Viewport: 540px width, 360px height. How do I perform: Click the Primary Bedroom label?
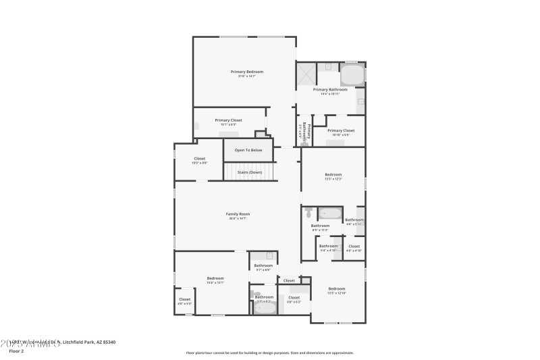click(x=246, y=72)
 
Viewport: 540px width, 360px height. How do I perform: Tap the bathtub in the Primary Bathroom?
click(x=352, y=74)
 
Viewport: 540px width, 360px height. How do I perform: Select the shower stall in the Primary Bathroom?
click(x=306, y=73)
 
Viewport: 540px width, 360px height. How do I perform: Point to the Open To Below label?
click(x=248, y=150)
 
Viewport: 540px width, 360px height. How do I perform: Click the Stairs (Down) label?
click(x=249, y=172)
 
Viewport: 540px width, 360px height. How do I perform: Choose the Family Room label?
click(x=238, y=214)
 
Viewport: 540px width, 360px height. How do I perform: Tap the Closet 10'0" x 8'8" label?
click(x=200, y=159)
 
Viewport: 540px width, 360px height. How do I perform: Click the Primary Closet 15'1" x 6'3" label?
click(x=228, y=120)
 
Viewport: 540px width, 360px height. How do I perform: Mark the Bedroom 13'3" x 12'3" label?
click(x=333, y=175)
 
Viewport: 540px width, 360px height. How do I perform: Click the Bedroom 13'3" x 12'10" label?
click(x=337, y=289)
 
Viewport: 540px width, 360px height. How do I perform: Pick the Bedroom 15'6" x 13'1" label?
click(x=215, y=278)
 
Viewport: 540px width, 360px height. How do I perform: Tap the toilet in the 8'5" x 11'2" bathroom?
click(x=308, y=212)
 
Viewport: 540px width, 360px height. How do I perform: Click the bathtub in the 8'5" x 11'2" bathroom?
click(x=331, y=214)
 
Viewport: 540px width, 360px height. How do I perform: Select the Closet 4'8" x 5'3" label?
click(x=184, y=300)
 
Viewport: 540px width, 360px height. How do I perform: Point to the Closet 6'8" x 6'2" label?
click(x=294, y=298)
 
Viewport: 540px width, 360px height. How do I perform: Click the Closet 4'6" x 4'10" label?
click(x=354, y=247)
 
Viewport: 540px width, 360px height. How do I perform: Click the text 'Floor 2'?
click(x=16, y=351)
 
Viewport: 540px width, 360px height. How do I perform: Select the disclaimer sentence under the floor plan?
click(x=269, y=352)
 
